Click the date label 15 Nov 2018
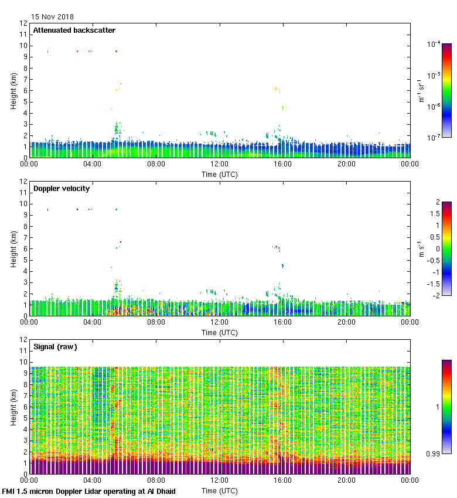click(x=53, y=17)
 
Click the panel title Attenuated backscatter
click(x=74, y=30)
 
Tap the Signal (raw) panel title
click(x=55, y=347)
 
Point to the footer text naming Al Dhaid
click(x=89, y=491)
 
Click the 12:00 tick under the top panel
click(x=220, y=164)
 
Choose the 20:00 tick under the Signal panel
click(x=346, y=480)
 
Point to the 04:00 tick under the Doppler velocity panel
click(x=93, y=322)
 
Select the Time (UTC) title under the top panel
click(x=220, y=174)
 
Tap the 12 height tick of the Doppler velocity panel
click(x=23, y=182)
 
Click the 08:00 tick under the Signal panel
click(x=156, y=480)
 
